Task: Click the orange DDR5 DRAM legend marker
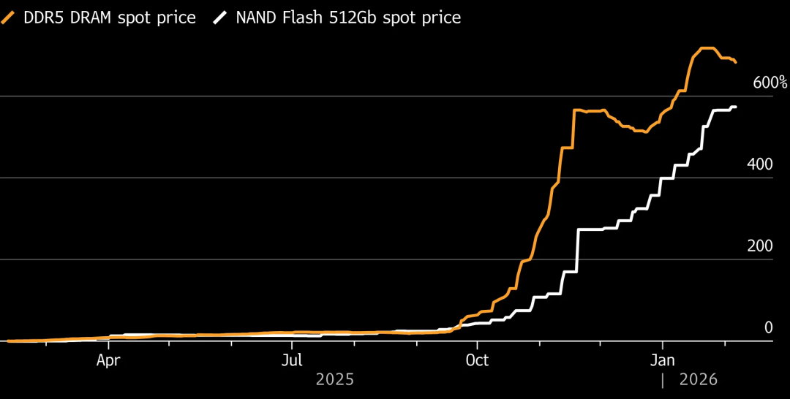9,18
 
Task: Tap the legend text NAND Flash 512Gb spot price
348,18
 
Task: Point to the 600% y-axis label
770,83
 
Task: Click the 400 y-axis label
759,164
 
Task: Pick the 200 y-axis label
759,246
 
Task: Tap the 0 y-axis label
768,328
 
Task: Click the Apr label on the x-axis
108,360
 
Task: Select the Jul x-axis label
292,360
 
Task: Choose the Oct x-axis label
477,360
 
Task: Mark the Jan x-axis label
663,360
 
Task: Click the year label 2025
335,380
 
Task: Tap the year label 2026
699,380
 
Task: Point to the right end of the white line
735,107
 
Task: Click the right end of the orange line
735,62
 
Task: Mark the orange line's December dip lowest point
645,132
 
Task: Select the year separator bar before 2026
663,380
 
